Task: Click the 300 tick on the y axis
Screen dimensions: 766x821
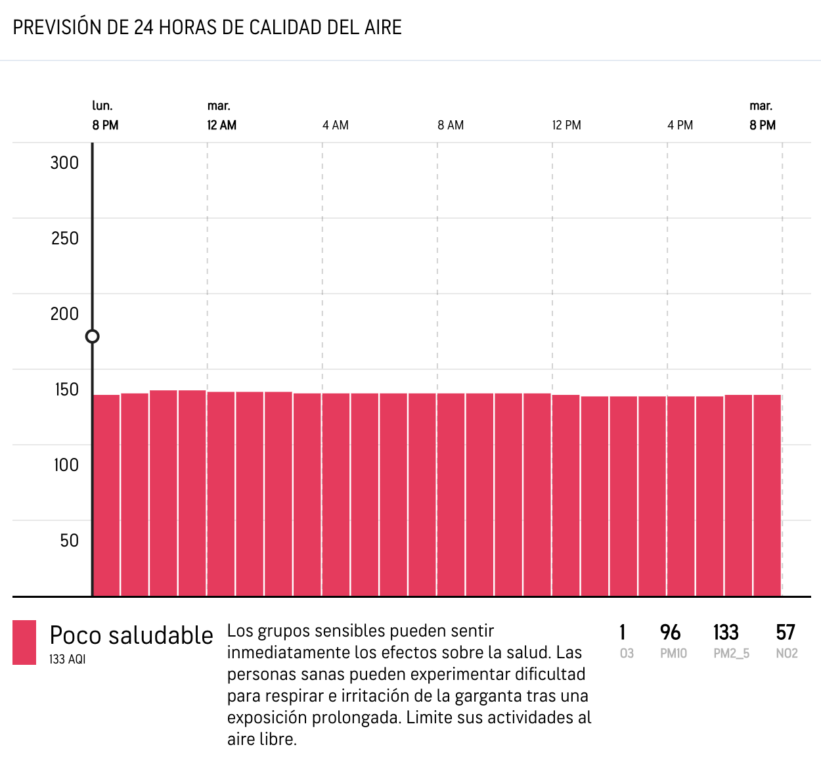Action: tap(64, 163)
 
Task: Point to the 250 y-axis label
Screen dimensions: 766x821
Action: tap(64, 238)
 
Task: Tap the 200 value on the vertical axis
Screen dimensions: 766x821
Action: tap(64, 314)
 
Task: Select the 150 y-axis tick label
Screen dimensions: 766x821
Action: tap(66, 390)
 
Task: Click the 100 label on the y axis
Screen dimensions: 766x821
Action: tap(66, 465)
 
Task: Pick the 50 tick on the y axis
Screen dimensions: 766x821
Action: tap(69, 541)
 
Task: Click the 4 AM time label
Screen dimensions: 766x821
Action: tap(336, 125)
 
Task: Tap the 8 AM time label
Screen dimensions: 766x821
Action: tap(451, 125)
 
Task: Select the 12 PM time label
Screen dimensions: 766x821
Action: tap(566, 125)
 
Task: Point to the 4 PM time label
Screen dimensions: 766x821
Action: tap(680, 125)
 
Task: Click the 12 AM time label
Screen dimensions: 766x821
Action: tap(222, 125)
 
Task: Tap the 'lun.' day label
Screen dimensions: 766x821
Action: tap(102, 106)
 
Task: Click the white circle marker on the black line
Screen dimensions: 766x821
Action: tap(93, 336)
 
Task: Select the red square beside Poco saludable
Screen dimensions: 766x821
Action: tap(24, 642)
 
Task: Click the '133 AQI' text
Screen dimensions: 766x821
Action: tap(67, 659)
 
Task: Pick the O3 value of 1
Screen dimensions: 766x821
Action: tap(623, 633)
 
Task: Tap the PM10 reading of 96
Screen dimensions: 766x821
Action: tap(670, 633)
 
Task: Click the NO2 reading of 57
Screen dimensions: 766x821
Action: tap(786, 633)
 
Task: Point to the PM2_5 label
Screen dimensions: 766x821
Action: tap(731, 654)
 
